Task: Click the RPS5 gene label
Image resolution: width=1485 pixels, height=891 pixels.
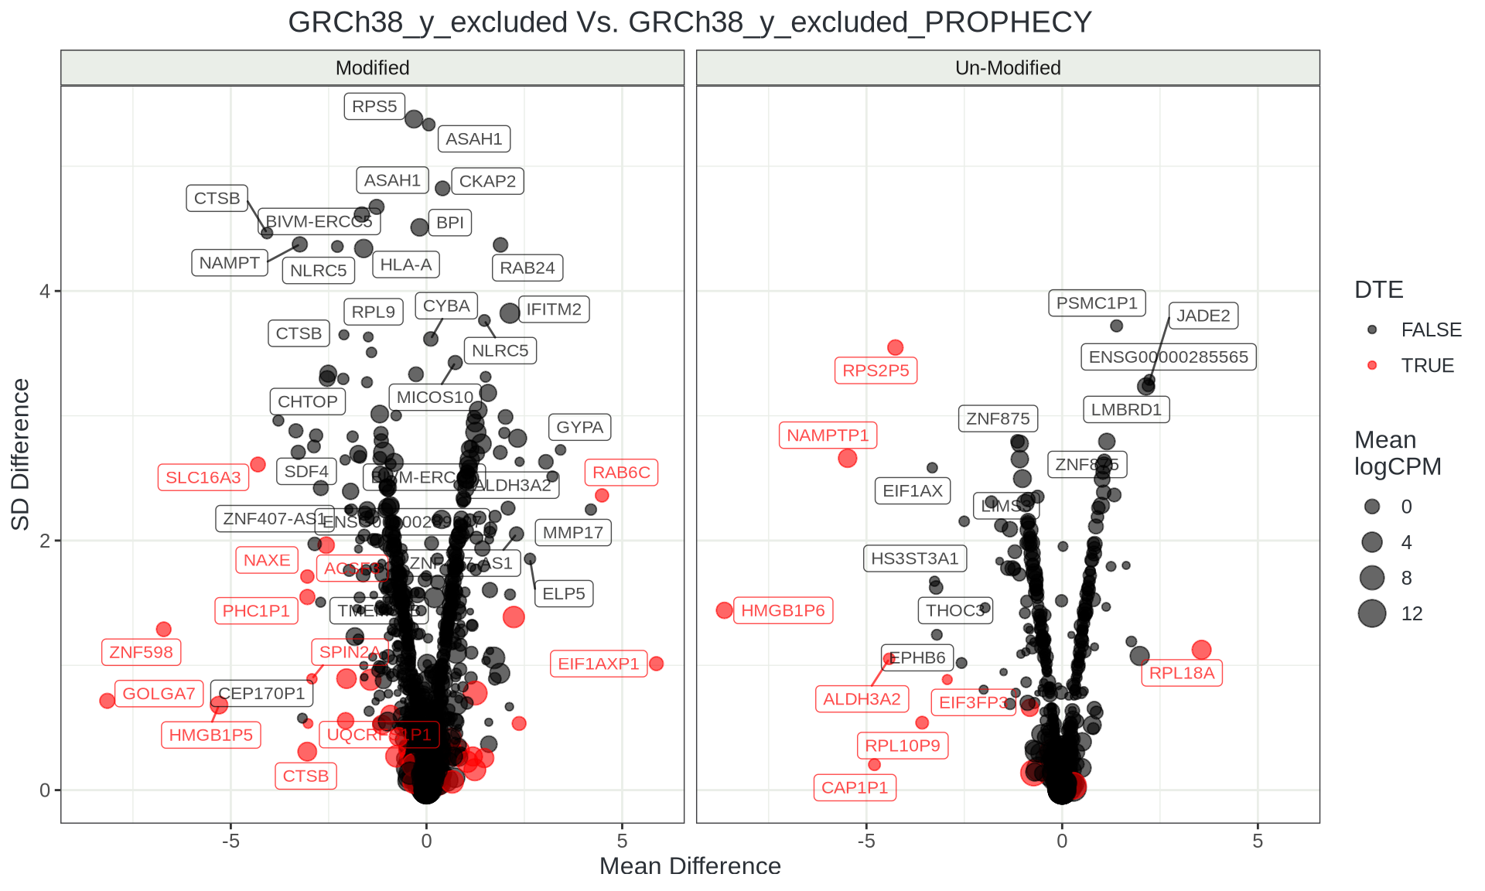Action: click(x=374, y=107)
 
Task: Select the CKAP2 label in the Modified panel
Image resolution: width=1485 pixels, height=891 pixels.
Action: click(x=487, y=181)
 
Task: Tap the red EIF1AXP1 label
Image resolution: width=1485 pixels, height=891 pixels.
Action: click(x=599, y=664)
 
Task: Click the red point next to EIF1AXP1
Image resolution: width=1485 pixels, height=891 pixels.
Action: click(x=656, y=664)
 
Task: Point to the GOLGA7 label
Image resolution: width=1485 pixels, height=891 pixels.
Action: click(x=159, y=693)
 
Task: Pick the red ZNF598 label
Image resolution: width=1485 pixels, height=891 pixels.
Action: click(x=141, y=652)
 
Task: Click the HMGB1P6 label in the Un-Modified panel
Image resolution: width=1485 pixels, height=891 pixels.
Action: click(x=783, y=610)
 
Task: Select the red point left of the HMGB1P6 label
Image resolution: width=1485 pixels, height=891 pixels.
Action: click(x=724, y=610)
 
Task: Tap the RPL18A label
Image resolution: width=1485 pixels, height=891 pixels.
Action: click(x=1182, y=673)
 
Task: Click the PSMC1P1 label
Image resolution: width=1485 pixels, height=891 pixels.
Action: click(x=1097, y=302)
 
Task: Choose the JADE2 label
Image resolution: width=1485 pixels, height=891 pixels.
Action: click(x=1203, y=316)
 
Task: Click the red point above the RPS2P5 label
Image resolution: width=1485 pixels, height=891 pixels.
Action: click(x=895, y=347)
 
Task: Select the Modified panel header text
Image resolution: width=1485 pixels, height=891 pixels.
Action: click(x=372, y=68)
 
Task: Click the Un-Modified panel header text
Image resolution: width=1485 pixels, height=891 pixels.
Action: click(x=1008, y=68)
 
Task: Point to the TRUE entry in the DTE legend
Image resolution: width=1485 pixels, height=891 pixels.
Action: click(x=1427, y=365)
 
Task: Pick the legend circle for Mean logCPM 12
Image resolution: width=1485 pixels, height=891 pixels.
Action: click(x=1372, y=613)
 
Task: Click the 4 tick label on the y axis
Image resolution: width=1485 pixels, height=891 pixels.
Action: click(x=45, y=292)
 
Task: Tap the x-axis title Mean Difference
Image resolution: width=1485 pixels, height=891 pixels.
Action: click(x=690, y=866)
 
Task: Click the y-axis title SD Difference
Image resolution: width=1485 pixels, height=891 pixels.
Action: click(x=21, y=454)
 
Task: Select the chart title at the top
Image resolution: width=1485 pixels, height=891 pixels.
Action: click(x=690, y=22)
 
